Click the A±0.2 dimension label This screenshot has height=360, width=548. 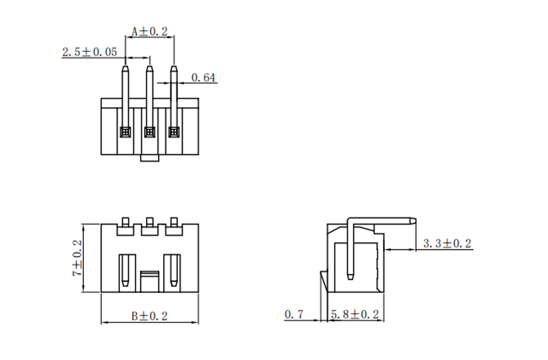tap(150, 31)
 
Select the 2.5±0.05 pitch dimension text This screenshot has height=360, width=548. tap(90, 52)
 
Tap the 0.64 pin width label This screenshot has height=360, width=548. tap(203, 78)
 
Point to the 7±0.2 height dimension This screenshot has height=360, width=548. tap(77, 258)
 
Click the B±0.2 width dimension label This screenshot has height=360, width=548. tap(150, 316)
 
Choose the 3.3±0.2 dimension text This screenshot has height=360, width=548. tap(448, 244)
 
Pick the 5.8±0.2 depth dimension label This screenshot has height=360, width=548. tap(354, 314)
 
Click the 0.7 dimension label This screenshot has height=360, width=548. tap(294, 314)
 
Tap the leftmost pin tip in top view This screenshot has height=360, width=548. tap(125, 67)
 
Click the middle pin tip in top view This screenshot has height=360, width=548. tap(150, 67)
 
